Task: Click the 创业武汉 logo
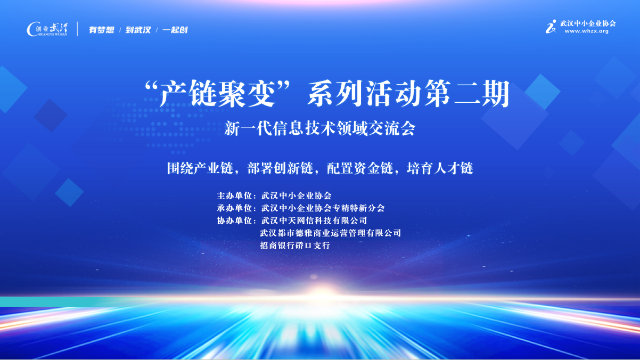coord(47,29)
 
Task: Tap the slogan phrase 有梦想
coord(101,30)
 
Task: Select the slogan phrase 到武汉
coord(138,30)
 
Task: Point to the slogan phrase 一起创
coord(175,30)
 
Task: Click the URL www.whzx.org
coord(587,31)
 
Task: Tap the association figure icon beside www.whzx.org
coord(551,27)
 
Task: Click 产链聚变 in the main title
coord(217,93)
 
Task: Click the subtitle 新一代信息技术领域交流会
coord(319,128)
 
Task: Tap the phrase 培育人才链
coord(440,168)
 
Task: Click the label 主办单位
coord(234,196)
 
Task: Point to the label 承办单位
coord(234,208)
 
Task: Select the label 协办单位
coord(234,220)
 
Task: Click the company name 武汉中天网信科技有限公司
coord(314,220)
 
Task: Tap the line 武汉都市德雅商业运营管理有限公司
coord(331,233)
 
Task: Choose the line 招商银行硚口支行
coord(295,246)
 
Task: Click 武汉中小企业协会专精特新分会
coord(323,208)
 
